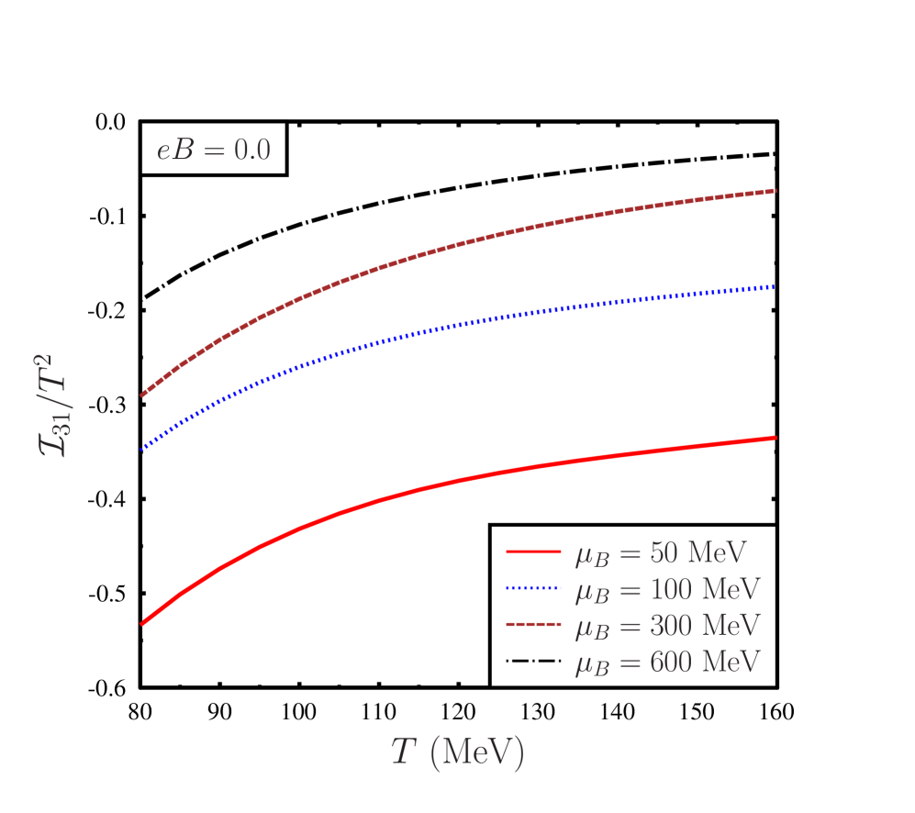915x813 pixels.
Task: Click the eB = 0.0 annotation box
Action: click(213, 148)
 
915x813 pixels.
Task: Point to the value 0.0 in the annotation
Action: click(251, 149)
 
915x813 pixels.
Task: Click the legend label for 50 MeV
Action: click(661, 552)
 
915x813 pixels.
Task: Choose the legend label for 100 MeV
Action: click(667, 589)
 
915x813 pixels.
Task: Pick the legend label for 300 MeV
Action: click(667, 625)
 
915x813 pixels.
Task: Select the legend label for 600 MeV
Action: click(667, 661)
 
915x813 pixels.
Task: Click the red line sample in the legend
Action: click(532, 552)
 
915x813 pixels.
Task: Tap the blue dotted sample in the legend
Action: click(532, 588)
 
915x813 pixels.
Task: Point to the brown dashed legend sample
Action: click(532, 625)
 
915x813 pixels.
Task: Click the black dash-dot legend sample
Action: click(532, 661)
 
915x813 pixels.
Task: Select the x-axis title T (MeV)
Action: click(457, 752)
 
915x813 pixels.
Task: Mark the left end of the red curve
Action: click(142, 624)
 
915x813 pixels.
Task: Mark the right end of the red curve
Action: click(776, 438)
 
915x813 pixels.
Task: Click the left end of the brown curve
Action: click(142, 395)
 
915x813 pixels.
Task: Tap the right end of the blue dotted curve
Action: click(776, 286)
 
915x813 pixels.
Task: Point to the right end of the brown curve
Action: click(776, 191)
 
